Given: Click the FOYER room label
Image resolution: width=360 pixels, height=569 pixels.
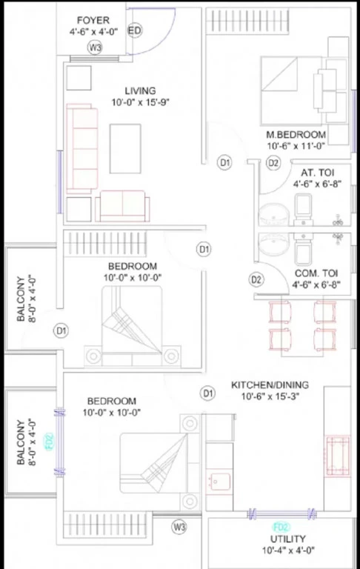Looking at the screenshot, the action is pos(93,20).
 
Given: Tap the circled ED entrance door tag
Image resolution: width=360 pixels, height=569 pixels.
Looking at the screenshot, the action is pos(134,30).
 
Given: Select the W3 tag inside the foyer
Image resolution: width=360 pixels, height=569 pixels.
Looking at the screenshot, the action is pos(95,47).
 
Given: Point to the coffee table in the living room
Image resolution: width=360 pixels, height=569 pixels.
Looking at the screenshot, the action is pos(125,149).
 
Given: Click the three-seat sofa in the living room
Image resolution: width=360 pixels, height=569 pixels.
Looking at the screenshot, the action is pos(82,147).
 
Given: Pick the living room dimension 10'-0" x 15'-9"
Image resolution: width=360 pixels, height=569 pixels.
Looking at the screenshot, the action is pos(141,102).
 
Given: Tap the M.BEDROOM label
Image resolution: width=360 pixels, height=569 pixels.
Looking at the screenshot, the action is pos(296,135).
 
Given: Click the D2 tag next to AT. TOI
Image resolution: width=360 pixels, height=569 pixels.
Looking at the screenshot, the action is pos(273,163).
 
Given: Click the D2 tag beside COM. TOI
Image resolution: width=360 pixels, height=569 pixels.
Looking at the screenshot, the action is pos(256,279).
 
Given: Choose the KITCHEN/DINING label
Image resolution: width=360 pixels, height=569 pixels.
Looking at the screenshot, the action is pos(270,385).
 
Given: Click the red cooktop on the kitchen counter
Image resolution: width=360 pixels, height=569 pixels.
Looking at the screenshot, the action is pos(338,456).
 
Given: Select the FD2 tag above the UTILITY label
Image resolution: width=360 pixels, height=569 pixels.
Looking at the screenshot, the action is pos(281,527).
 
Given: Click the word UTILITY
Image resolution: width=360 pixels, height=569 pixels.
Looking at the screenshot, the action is pos(288,539).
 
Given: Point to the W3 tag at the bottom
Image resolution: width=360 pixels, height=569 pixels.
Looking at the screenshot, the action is pos(179,527).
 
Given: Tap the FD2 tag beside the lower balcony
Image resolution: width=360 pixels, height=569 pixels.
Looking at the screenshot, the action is pos(50,442).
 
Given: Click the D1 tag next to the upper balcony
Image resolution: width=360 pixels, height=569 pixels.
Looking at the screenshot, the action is pos(61,330).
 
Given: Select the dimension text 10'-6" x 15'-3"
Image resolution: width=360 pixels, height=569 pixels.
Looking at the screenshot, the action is pos(270,396).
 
